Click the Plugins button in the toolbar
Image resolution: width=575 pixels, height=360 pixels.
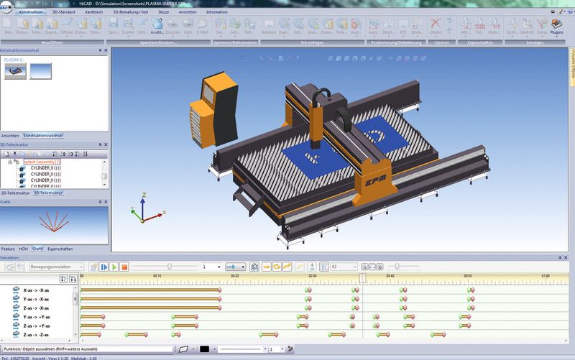click(x=557, y=27)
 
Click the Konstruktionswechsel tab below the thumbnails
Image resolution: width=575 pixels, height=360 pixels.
click(x=43, y=135)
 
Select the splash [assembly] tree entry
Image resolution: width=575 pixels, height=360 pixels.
click(x=42, y=162)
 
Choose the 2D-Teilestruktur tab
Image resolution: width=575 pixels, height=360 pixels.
click(x=15, y=193)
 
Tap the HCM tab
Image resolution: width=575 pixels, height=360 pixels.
click(x=23, y=249)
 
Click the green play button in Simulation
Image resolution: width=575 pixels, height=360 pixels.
click(x=104, y=267)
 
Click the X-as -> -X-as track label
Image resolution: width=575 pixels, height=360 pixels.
click(x=36, y=290)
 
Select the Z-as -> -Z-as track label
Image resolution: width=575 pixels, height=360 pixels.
click(x=36, y=334)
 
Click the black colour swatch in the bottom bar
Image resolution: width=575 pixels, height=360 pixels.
click(x=204, y=349)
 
